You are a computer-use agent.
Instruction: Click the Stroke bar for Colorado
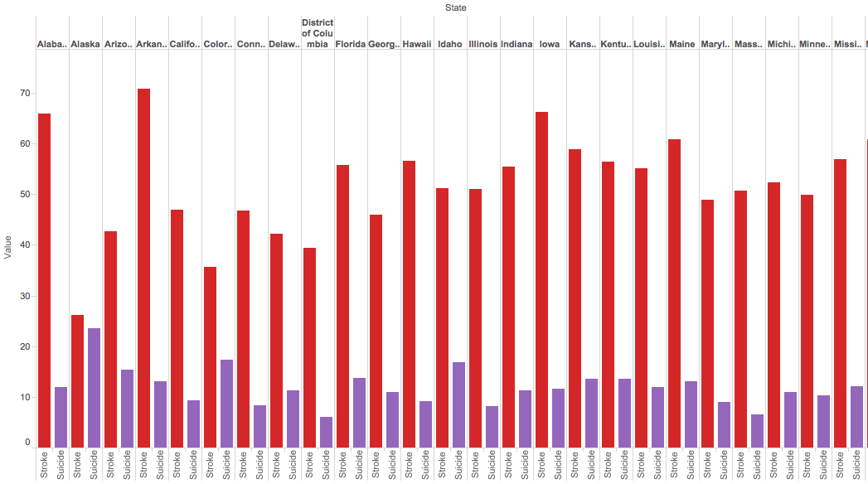pos(210,357)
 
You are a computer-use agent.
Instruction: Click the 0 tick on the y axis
pos(26,443)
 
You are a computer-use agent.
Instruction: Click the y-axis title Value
pos(8,246)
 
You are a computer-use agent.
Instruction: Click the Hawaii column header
pos(417,44)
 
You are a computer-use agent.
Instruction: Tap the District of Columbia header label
pos(318,33)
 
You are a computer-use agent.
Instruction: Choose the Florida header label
pos(351,44)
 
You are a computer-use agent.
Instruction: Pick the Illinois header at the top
pos(483,44)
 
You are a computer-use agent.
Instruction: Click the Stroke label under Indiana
pos(508,465)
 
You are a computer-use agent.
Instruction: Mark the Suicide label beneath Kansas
pos(591,465)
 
